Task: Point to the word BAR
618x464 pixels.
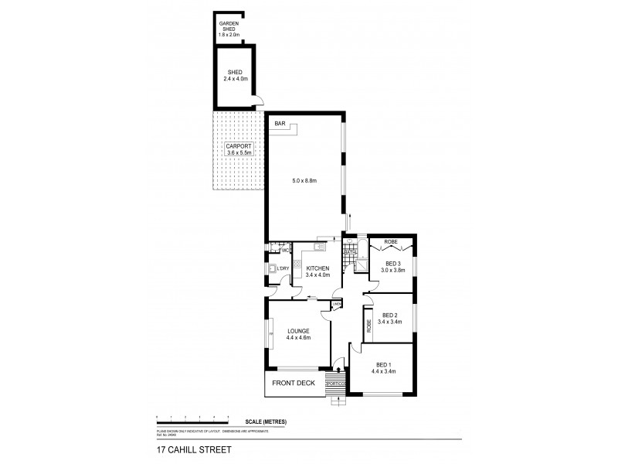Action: click(x=279, y=124)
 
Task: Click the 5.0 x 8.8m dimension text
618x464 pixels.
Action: click(x=304, y=181)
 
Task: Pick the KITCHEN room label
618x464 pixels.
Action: click(x=317, y=271)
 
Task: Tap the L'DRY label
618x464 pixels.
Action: click(x=284, y=268)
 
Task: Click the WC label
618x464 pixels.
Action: click(x=284, y=250)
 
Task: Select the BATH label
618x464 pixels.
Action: click(x=349, y=251)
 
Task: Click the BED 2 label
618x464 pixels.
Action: click(x=390, y=319)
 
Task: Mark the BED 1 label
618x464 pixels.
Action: click(x=383, y=368)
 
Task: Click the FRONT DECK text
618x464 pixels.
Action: click(x=291, y=383)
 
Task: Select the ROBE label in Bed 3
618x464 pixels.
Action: click(x=391, y=242)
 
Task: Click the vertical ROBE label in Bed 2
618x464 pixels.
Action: click(x=369, y=326)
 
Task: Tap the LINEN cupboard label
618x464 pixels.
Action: click(x=336, y=305)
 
